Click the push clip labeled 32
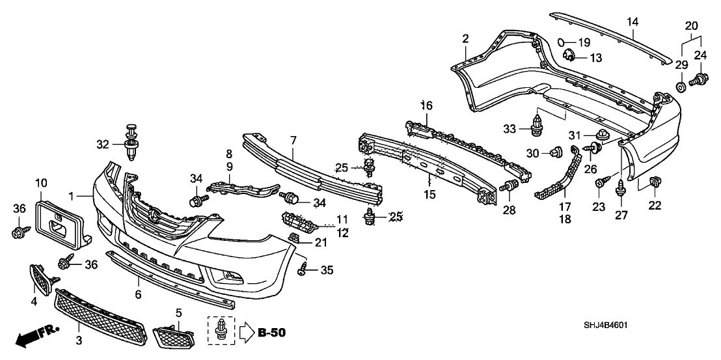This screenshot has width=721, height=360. click(133, 140)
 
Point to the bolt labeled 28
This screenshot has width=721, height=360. click(510, 187)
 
